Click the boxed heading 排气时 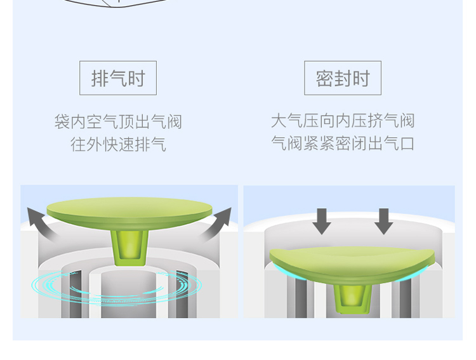118,78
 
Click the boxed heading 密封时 343,78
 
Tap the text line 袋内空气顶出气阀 118,121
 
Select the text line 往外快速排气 118,144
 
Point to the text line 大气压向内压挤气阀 343,121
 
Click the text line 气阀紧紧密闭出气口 343,143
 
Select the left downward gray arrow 322,221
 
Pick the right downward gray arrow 384,221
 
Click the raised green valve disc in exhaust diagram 129,213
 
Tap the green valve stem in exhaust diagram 129,248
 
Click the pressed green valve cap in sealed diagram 352,264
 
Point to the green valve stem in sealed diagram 352,298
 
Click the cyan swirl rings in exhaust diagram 117,287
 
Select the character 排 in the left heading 100,78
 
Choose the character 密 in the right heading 325,78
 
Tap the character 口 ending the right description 407,143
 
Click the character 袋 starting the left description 62,121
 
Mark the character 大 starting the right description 279,121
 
